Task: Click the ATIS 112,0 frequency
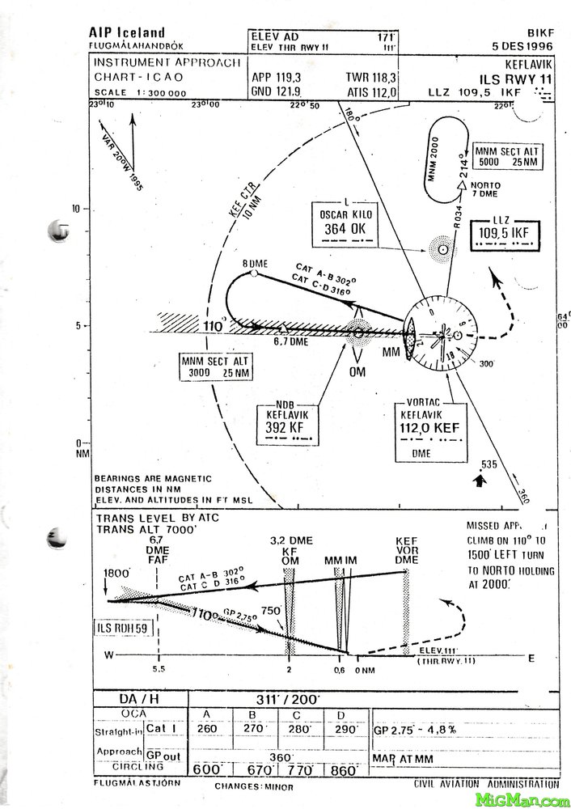click(x=372, y=92)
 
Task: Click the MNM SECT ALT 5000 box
click(x=507, y=156)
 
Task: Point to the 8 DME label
click(x=255, y=264)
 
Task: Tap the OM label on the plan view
click(x=357, y=371)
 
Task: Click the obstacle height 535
click(x=488, y=464)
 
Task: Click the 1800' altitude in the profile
click(x=117, y=573)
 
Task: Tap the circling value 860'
click(x=344, y=771)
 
